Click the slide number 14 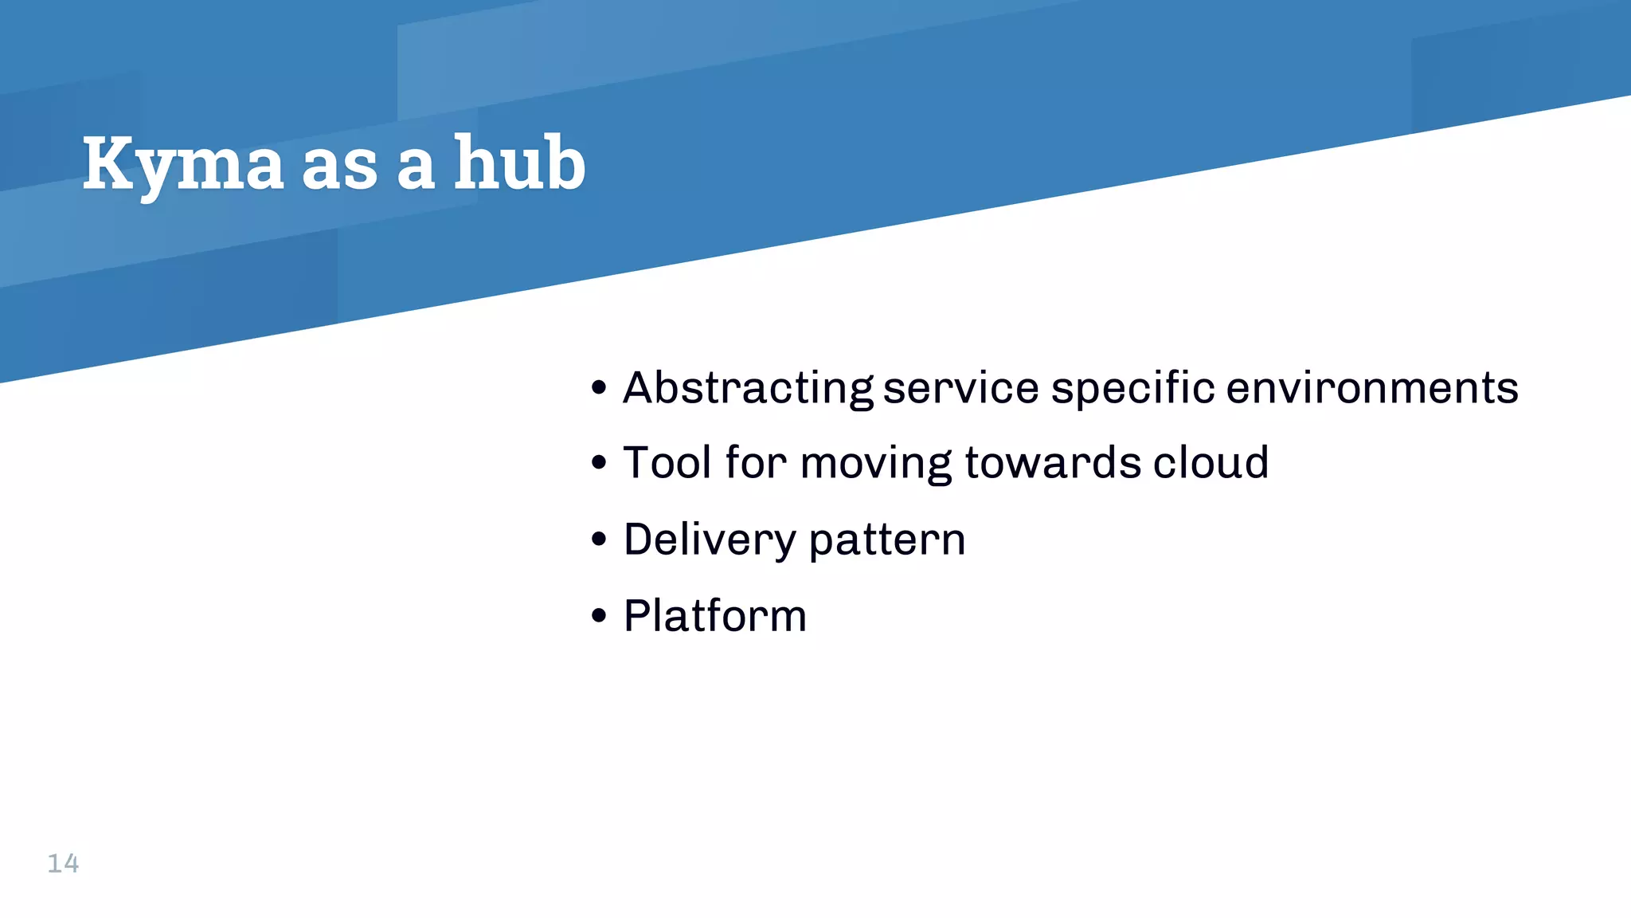point(63,863)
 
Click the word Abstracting point(748,389)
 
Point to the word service point(960,388)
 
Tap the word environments point(1371,388)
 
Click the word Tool point(667,462)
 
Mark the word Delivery point(709,540)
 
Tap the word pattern point(887,540)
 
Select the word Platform point(714,616)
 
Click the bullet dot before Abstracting point(600,389)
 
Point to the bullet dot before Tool point(600,462)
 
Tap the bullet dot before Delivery point(600,539)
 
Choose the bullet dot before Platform point(600,615)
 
